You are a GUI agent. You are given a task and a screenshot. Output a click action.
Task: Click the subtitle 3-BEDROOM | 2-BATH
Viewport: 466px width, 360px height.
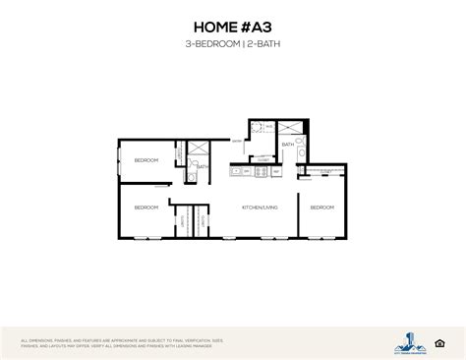232,45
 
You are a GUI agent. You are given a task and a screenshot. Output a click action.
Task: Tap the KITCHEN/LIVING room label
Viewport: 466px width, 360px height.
259,208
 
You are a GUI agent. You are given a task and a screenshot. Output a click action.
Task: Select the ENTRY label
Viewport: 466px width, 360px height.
237,142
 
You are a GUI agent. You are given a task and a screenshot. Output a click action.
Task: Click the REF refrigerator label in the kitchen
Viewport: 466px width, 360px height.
276,173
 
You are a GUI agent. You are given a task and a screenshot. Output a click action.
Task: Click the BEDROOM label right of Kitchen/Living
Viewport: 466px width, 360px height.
321,208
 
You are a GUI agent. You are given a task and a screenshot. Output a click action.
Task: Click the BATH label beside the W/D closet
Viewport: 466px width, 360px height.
287,145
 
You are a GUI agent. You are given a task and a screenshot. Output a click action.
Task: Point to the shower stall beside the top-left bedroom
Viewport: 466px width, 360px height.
197,150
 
